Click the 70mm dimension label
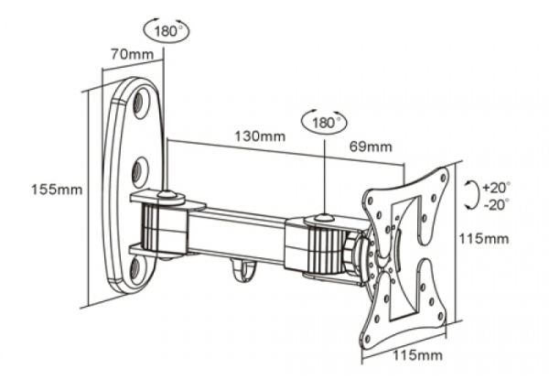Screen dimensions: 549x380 tap(132, 54)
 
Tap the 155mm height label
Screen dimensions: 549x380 tap(57, 190)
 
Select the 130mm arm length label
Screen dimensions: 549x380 tap(260, 136)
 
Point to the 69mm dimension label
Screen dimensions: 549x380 tap(371, 147)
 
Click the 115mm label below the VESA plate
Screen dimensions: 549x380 tap(417, 355)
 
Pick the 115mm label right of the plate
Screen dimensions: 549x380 tap(483, 238)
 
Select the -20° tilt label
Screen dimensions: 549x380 tap(497, 203)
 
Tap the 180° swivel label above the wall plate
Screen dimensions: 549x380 tap(167, 31)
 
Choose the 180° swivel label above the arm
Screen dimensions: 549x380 tap(324, 123)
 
